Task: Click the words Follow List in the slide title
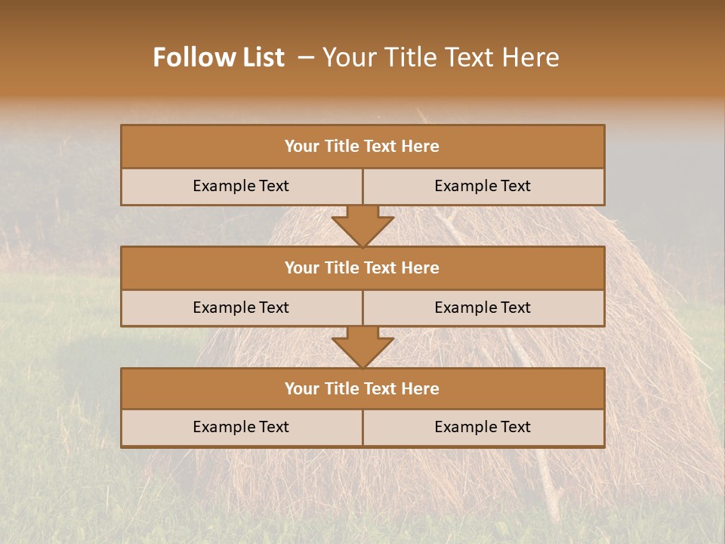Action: point(219,57)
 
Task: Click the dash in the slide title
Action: point(306,57)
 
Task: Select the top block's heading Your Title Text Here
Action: point(362,147)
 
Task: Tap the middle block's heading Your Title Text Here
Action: point(362,267)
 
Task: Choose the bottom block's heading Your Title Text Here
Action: point(362,388)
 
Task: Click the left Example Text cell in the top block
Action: point(241,186)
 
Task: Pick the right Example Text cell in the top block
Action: point(483,186)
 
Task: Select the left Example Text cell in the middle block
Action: point(241,308)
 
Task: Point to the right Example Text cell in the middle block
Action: point(483,308)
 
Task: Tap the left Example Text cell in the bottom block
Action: point(241,427)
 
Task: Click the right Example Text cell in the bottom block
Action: point(483,427)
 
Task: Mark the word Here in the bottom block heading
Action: point(420,388)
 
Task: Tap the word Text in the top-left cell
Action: point(274,186)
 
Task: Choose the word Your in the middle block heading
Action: point(301,267)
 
